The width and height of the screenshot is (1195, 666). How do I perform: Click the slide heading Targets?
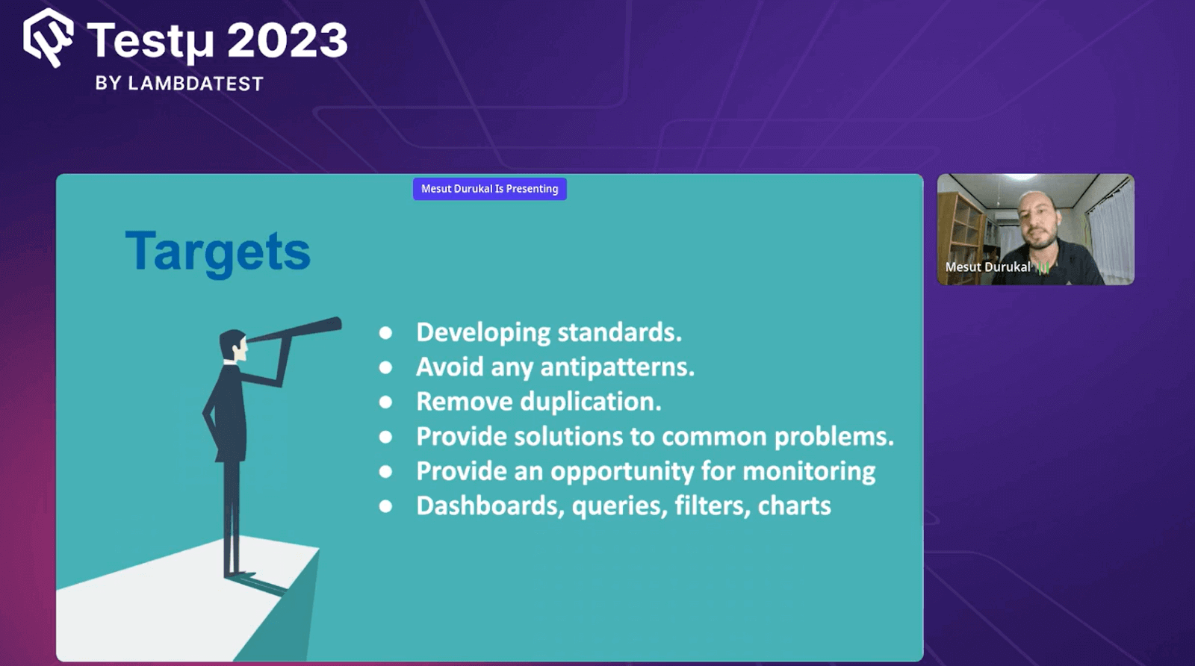(217, 252)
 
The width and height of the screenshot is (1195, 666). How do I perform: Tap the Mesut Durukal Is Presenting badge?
(489, 189)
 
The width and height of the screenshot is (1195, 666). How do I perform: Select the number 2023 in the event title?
(288, 40)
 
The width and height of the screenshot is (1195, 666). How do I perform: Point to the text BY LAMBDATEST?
(179, 84)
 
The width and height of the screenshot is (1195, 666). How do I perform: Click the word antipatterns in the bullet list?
(617, 367)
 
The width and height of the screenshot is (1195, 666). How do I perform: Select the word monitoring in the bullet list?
(809, 471)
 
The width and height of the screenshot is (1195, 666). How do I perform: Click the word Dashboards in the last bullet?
(490, 506)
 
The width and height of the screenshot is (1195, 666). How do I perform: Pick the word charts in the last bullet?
(794, 506)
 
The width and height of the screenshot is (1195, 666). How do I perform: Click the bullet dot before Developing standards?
(385, 333)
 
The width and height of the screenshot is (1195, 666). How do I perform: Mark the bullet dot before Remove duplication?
(385, 402)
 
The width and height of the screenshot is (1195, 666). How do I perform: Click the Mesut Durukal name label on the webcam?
(987, 267)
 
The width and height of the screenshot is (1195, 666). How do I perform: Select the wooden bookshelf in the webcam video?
(960, 224)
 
